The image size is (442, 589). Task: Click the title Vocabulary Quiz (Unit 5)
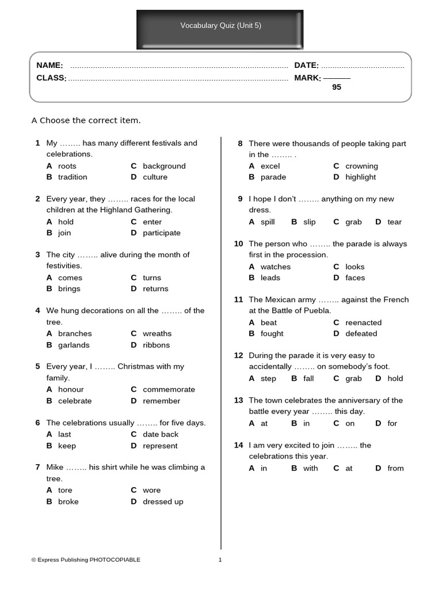point(220,25)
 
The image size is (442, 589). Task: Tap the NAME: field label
point(49,66)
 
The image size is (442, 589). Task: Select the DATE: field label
point(306,66)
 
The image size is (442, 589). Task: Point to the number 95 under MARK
point(337,87)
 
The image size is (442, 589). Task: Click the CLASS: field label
point(51,78)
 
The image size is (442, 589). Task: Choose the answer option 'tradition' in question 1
point(73,177)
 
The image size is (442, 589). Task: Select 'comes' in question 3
point(70,278)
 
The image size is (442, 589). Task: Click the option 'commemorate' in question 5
point(169,389)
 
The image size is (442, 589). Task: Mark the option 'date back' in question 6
point(161,434)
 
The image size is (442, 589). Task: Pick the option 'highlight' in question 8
point(360,177)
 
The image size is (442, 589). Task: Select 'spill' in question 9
point(268,222)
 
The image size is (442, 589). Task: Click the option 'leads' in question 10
point(270,278)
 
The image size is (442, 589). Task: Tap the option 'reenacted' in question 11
point(363,323)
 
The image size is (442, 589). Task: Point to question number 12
point(238,355)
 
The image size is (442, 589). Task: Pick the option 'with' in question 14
point(310,468)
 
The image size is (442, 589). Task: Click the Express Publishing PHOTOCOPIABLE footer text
point(86,560)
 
